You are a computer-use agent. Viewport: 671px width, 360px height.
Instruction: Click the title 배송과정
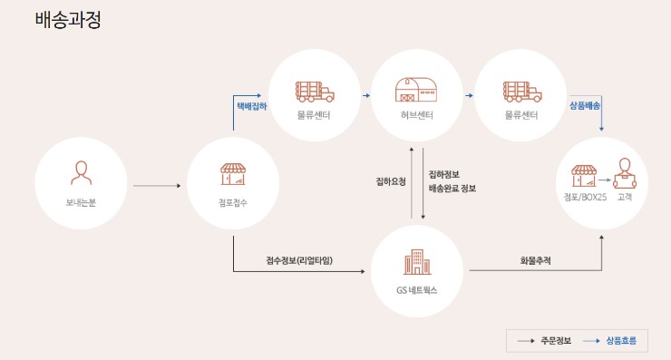pyautogui.click(x=67, y=19)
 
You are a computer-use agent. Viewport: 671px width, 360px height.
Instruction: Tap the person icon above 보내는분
pyautogui.click(x=81, y=171)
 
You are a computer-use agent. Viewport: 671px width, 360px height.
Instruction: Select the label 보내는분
pyautogui.click(x=81, y=201)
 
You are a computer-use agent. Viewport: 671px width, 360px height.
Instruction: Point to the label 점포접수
pyautogui.click(x=233, y=201)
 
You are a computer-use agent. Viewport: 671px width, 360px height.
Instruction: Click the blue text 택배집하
pyautogui.click(x=251, y=105)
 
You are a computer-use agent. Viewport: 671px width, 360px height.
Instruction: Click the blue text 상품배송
pyautogui.click(x=585, y=105)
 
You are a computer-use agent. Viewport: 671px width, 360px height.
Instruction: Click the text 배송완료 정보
pyautogui.click(x=452, y=189)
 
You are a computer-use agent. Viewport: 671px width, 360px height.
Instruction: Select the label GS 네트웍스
pyautogui.click(x=416, y=290)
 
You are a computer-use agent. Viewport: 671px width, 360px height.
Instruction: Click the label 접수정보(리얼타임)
pyautogui.click(x=299, y=261)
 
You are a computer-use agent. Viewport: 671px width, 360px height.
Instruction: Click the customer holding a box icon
pyautogui.click(x=622, y=172)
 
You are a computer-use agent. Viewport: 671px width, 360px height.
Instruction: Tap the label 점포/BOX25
pyautogui.click(x=585, y=196)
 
